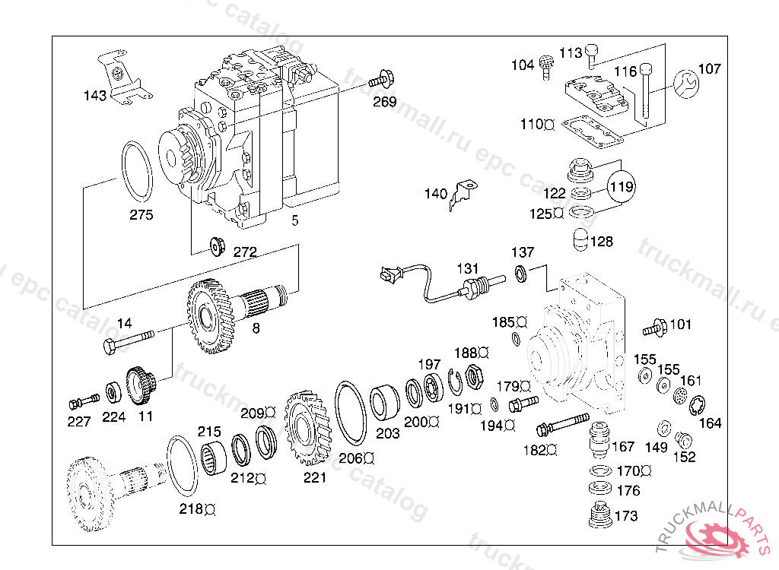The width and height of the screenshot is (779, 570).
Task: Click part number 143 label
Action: coord(95,96)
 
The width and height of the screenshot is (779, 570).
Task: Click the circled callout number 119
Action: coord(622,186)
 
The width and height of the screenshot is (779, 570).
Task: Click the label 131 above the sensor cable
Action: coord(467,268)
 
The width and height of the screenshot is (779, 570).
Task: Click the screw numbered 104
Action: coord(545,66)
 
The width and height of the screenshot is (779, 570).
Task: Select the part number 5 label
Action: coord(295,221)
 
